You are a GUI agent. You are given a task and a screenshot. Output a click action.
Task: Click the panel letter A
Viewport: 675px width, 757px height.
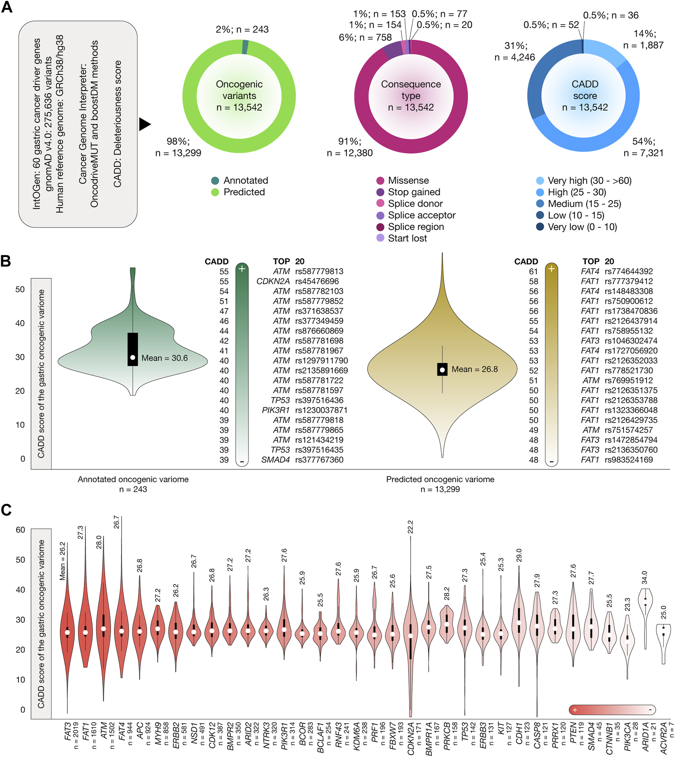pyautogui.click(x=7, y=7)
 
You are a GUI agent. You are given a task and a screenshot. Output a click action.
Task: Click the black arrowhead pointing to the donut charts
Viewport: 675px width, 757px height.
pyautogui.click(x=145, y=124)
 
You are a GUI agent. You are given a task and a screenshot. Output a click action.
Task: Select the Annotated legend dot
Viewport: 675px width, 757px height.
pyautogui.click(x=215, y=181)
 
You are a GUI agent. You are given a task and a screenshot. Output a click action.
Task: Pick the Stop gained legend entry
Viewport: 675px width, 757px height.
pyautogui.click(x=414, y=192)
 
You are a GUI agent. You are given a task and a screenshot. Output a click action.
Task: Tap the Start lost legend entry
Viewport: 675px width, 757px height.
pyautogui.click(x=407, y=238)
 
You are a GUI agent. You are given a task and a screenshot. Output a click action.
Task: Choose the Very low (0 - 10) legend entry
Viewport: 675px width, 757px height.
pyautogui.click(x=582, y=227)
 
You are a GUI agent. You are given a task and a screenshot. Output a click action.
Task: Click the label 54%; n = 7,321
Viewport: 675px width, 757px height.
pyautogui.click(x=643, y=147)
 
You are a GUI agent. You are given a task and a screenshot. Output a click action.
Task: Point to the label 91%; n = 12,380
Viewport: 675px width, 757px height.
pyautogui.click(x=350, y=147)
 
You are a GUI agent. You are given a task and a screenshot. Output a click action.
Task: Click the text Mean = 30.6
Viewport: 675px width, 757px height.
pyautogui.click(x=165, y=358)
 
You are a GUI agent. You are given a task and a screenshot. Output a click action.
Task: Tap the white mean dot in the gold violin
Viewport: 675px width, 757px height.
pyautogui.click(x=442, y=370)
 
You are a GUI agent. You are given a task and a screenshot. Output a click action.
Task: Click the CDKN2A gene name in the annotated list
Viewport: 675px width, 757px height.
pyautogui.click(x=273, y=282)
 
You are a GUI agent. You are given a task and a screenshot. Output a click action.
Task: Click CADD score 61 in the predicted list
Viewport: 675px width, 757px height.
pyautogui.click(x=533, y=272)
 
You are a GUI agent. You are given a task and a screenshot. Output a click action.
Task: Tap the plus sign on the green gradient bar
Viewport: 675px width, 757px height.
pyautogui.click(x=242, y=269)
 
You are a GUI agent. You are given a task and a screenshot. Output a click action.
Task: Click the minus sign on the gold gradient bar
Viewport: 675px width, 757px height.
pyautogui.click(x=551, y=462)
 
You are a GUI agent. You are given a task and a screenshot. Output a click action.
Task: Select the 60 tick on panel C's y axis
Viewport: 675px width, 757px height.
pyautogui.click(x=20, y=530)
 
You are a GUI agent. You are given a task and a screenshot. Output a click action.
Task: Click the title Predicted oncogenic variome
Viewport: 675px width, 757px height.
pyautogui.click(x=440, y=479)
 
